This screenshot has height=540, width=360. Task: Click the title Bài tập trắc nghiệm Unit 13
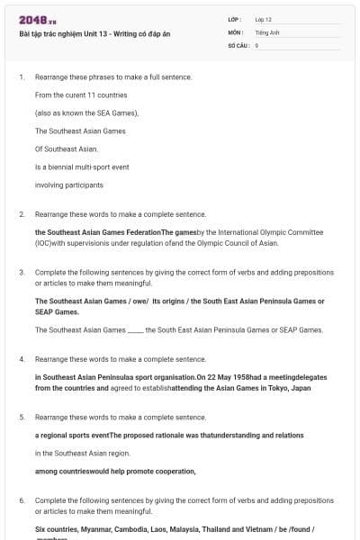(94, 33)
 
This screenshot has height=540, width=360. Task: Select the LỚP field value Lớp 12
(263, 19)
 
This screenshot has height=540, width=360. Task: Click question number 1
(21, 77)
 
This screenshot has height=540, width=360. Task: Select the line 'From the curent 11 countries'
(81, 94)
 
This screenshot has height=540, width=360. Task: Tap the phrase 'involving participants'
(69, 184)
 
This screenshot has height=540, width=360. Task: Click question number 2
(21, 214)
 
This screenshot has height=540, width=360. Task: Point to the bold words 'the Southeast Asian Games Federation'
(97, 232)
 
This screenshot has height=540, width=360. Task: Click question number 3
(21, 272)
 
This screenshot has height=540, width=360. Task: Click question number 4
(21, 359)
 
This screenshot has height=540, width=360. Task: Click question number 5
(21, 418)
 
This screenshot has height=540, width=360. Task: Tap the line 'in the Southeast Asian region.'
(83, 453)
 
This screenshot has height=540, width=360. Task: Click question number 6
(21, 499)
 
